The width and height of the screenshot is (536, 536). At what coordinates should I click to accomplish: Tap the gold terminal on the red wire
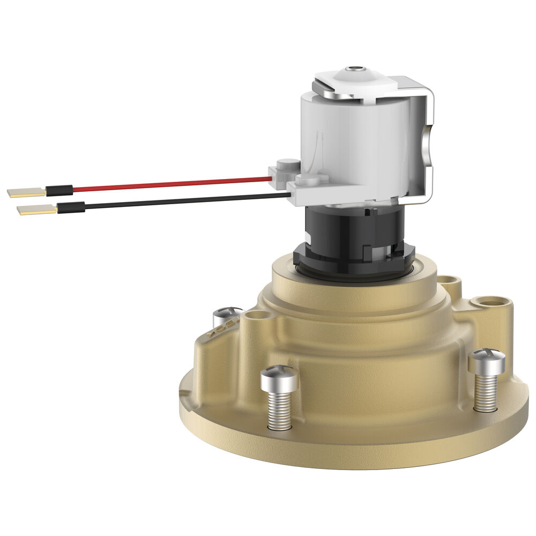[x=25, y=191]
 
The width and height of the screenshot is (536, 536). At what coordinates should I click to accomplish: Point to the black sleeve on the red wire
[x=59, y=190]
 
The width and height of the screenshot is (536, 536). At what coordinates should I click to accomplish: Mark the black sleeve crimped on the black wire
[x=71, y=207]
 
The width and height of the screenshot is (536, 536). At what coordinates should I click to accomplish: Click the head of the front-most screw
[x=279, y=379]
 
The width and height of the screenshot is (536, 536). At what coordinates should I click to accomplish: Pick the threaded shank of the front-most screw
[x=280, y=410]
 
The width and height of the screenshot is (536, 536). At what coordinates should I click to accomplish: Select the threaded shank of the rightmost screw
[x=486, y=393]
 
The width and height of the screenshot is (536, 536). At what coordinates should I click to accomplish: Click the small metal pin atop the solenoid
[x=353, y=69]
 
